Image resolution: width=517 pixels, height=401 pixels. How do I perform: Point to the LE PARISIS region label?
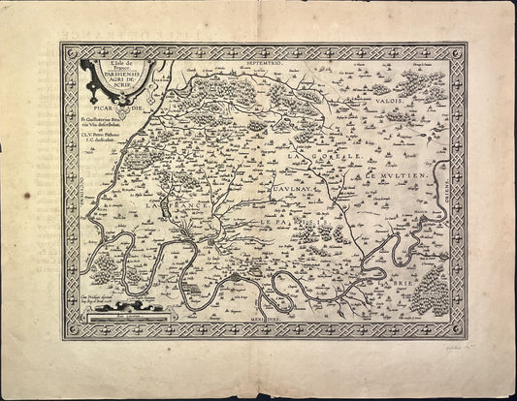tap(291, 223)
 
